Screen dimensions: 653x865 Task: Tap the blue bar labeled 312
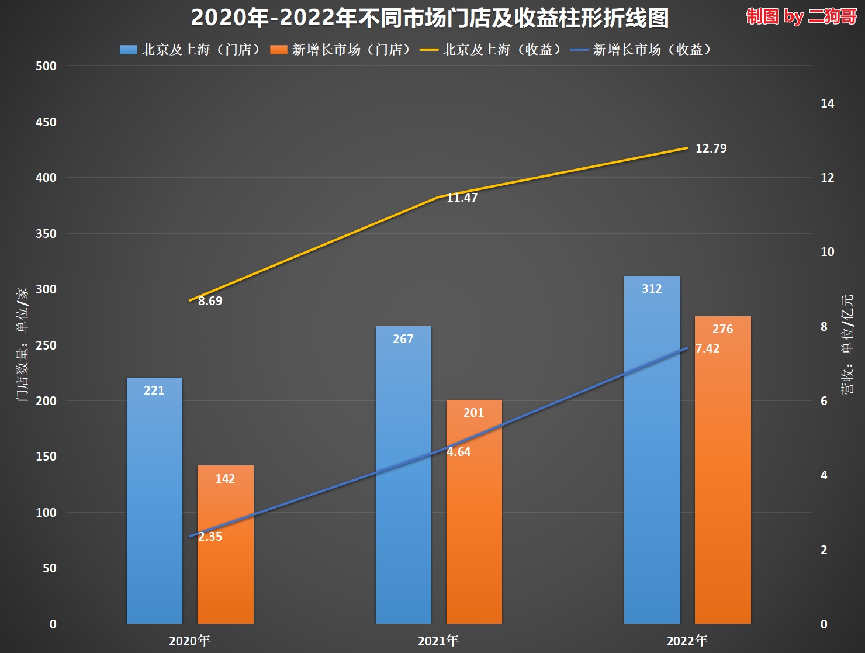[x=652, y=450]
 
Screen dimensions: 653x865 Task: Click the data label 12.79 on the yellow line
[x=711, y=148]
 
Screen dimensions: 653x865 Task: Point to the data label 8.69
[x=210, y=301]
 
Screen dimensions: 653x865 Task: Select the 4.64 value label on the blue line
[x=458, y=452]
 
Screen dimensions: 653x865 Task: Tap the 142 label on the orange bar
[x=225, y=479]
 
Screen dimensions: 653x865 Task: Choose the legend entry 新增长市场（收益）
[x=642, y=50]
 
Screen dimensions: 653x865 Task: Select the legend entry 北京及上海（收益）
[x=492, y=50]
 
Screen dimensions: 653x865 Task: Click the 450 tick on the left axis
[x=46, y=122]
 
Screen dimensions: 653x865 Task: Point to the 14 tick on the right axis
[x=827, y=103]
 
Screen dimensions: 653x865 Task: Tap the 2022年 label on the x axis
[x=687, y=641]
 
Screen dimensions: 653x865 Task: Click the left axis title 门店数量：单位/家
[x=22, y=345]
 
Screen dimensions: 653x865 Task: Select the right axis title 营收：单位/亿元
[x=847, y=345]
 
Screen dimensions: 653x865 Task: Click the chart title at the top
[x=430, y=18]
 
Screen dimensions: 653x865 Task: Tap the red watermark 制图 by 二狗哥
[x=801, y=16]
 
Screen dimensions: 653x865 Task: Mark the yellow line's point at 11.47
[x=438, y=197]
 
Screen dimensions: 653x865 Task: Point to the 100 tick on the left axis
[x=46, y=513]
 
